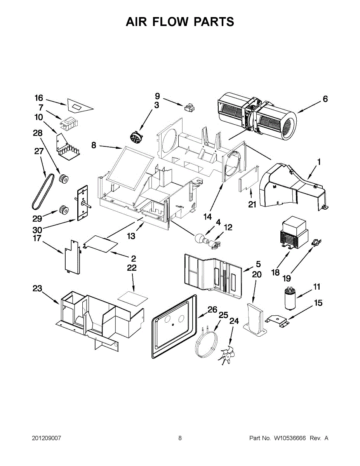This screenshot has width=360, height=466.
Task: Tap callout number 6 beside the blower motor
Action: pos(325,99)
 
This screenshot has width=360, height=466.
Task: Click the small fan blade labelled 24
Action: pos(226,355)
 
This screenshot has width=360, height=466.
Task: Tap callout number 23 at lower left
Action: pos(37,289)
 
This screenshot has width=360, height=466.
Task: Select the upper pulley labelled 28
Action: pos(63,180)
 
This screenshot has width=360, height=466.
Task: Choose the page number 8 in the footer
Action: pos(180,438)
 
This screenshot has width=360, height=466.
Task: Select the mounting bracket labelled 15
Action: pos(277,321)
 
